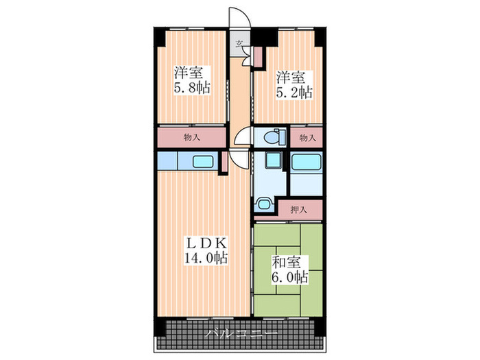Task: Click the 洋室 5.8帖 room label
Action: pos(192,80)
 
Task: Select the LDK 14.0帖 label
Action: pos(206,250)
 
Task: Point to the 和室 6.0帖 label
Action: pos(289,269)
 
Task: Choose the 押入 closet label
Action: pos(299,210)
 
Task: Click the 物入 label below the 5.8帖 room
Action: pos(192,137)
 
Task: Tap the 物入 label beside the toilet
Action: pos(307,138)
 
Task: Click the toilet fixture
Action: pos(274,137)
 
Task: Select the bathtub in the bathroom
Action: pos(306,163)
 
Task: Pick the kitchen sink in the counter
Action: pos(203,162)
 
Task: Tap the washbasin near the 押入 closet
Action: pos(263,204)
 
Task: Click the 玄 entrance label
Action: pos(239,44)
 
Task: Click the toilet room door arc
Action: pos(239,134)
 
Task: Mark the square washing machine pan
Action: pos(273,160)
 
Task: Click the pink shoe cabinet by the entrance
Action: pos(258,57)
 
